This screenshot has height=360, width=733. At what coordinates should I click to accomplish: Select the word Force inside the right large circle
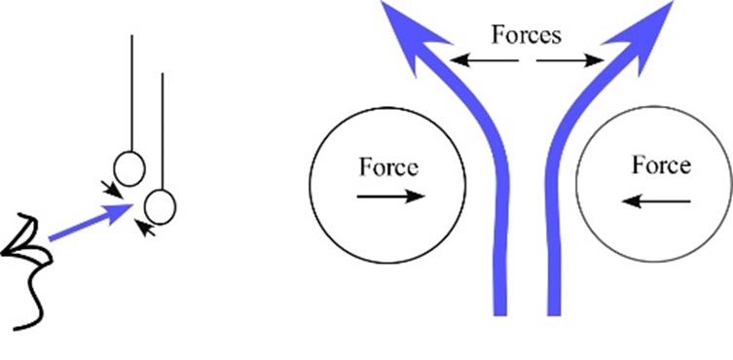click(660, 165)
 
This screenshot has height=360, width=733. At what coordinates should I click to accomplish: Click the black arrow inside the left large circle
click(390, 197)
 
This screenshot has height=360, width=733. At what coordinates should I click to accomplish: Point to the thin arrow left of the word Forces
click(483, 61)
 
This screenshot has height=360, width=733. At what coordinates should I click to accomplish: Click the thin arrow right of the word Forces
click(569, 61)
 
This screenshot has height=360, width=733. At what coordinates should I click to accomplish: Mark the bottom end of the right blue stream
click(555, 309)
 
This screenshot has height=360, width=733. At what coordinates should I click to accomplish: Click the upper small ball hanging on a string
click(129, 168)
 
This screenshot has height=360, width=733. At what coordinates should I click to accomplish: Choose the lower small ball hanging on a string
click(160, 206)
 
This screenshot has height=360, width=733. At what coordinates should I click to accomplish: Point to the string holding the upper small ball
click(130, 92)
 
